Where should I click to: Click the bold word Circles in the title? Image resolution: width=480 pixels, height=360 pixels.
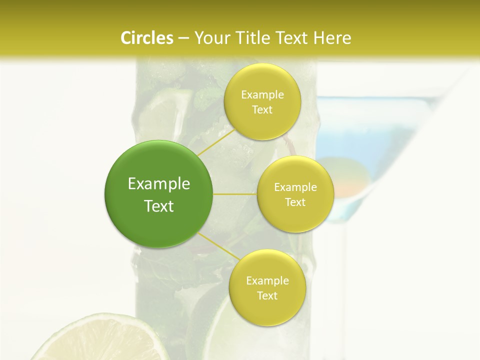(x=147, y=38)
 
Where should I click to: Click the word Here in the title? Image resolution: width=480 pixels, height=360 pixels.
(x=332, y=38)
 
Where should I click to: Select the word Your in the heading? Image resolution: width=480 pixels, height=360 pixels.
(x=210, y=38)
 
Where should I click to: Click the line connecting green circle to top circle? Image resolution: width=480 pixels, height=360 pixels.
(x=216, y=142)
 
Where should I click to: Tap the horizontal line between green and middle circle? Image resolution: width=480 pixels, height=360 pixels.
(x=235, y=194)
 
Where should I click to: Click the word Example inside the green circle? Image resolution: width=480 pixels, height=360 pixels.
(x=159, y=184)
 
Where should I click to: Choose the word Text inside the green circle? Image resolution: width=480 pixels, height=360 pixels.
(x=159, y=206)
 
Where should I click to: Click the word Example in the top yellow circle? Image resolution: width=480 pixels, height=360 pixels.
(x=262, y=95)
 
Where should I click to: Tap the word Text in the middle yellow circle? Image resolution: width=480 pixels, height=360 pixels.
(x=295, y=202)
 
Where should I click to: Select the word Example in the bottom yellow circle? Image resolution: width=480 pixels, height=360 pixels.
(x=267, y=281)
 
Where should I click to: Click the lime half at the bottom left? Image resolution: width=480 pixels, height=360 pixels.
(x=100, y=340)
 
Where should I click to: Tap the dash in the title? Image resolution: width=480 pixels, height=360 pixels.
(x=183, y=38)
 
